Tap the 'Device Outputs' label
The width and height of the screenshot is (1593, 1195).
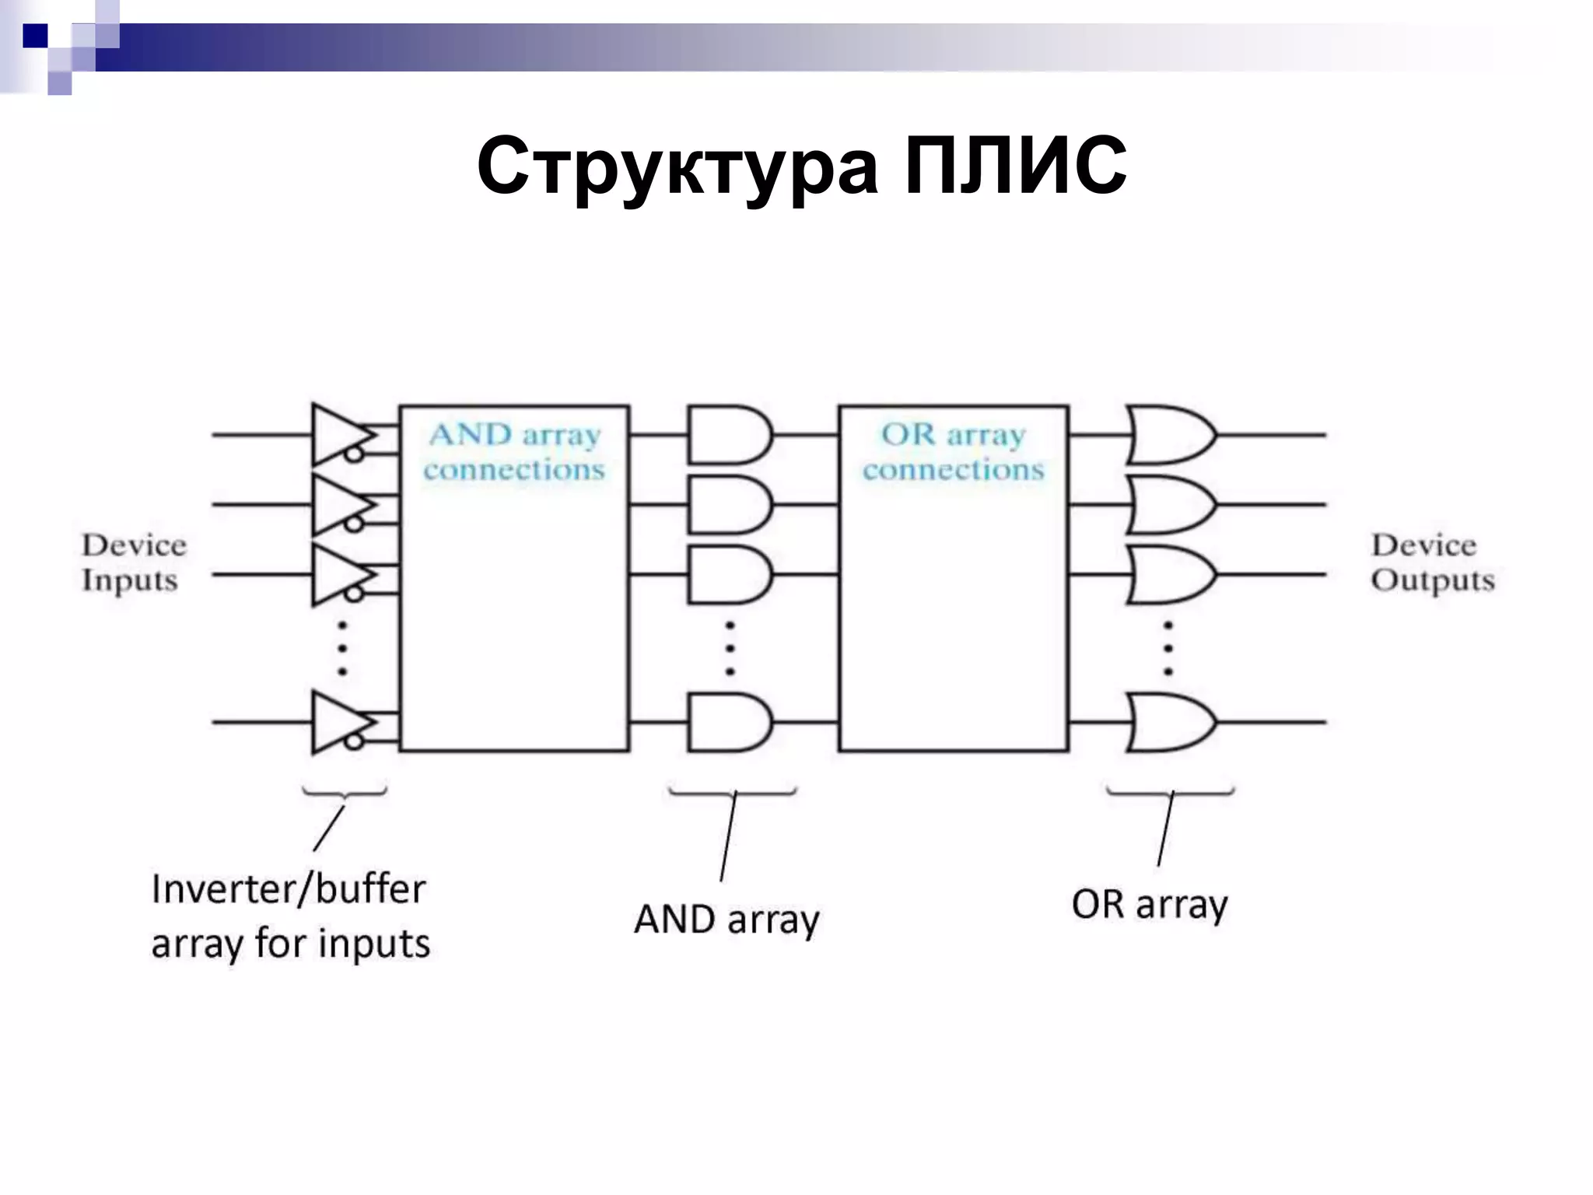1432,562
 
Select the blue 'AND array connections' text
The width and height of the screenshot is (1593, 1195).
514,452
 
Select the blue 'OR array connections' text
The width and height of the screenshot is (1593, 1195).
953,452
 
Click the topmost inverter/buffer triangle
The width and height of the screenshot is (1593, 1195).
336,434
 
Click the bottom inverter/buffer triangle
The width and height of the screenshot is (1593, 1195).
336,722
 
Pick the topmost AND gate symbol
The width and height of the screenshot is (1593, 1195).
728,434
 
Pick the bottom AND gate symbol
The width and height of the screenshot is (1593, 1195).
728,722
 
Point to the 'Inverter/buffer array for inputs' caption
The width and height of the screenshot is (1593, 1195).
290,916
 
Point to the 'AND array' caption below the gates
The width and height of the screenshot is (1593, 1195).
726,919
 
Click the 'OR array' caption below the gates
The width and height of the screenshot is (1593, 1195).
1149,904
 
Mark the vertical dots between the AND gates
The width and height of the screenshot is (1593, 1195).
730,647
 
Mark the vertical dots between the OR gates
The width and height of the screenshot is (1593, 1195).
1168,647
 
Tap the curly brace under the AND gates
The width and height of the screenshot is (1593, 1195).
732,792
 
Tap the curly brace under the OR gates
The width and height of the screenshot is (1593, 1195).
1171,792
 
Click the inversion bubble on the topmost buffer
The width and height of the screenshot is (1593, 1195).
354,453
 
